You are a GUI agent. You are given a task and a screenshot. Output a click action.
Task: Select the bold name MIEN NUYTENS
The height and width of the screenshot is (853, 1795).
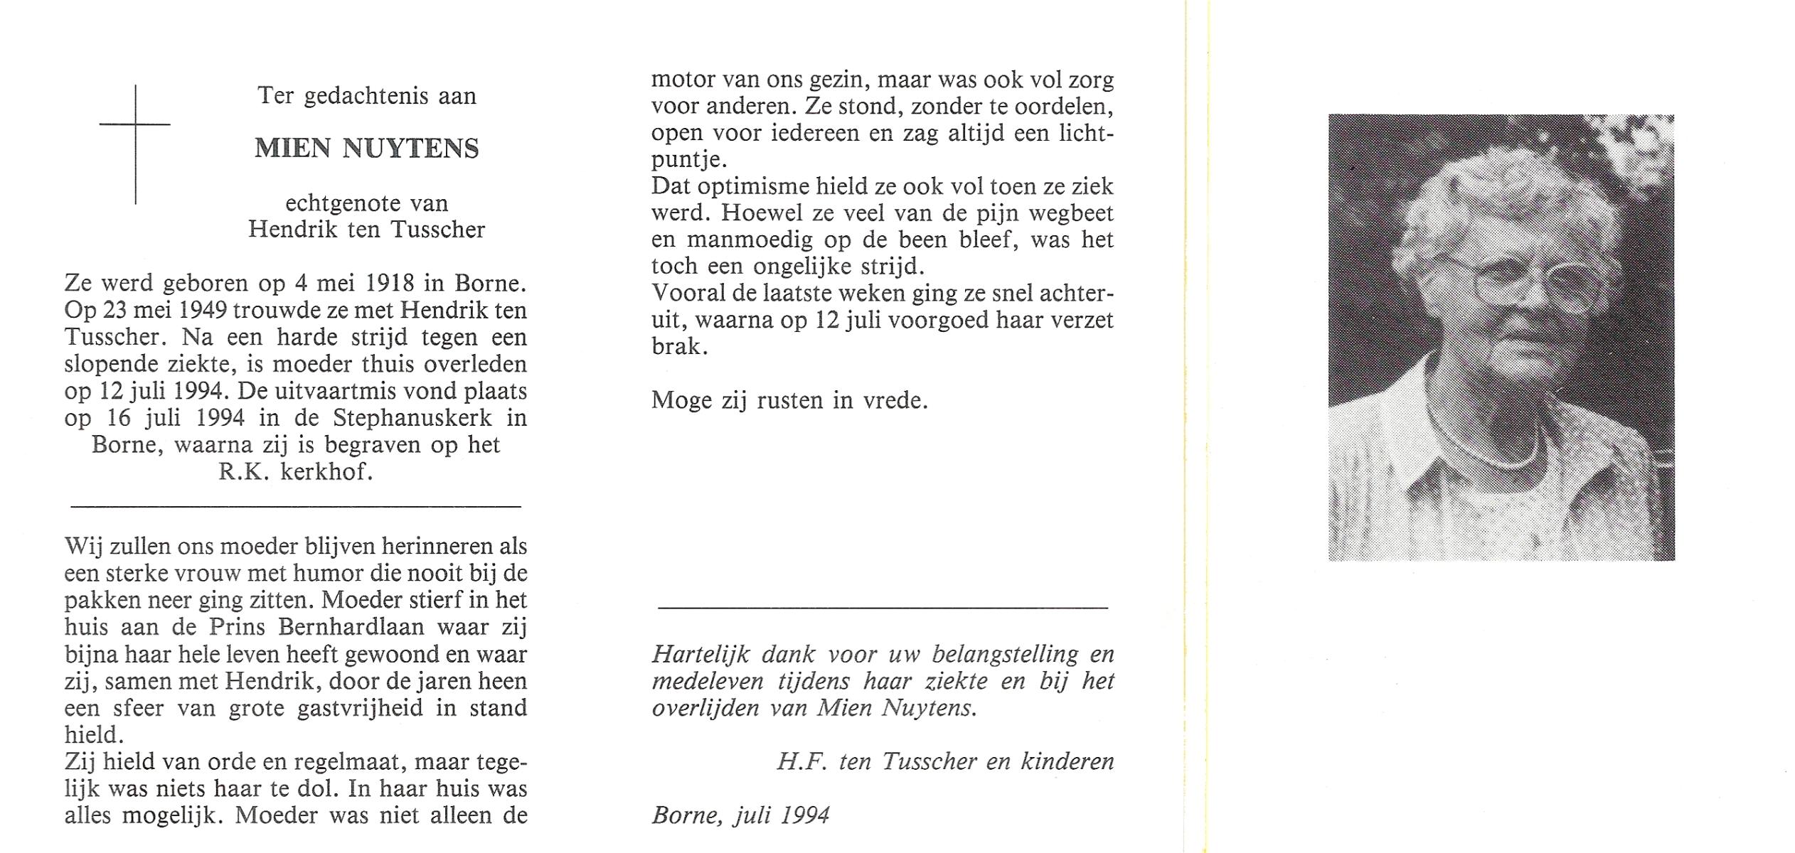(x=367, y=149)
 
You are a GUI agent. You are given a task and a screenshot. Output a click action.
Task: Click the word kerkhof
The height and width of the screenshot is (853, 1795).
(x=326, y=472)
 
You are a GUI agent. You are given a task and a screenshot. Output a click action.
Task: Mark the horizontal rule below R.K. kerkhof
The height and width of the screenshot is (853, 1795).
(x=297, y=506)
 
